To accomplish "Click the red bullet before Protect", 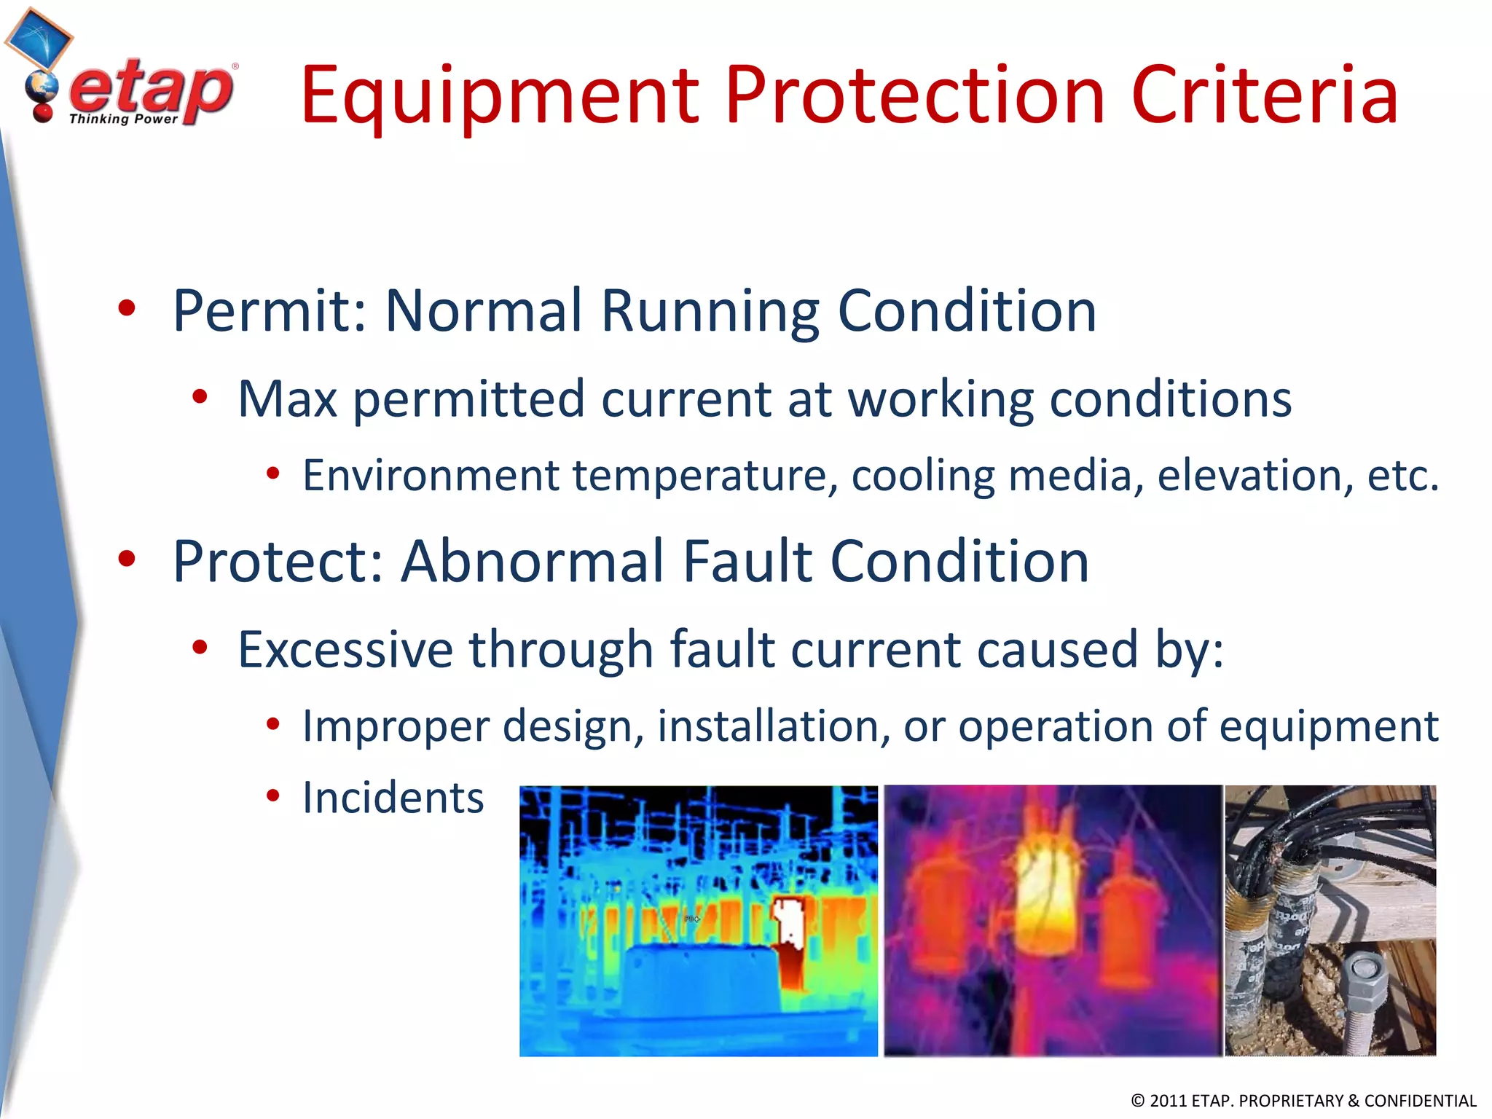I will (x=127, y=559).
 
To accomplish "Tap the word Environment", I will (x=430, y=476).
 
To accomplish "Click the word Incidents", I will (x=393, y=798).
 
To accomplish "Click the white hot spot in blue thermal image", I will (x=788, y=920).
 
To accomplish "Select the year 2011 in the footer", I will (x=1168, y=1101).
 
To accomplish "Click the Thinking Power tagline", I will (x=123, y=119).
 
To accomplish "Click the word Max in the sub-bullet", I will (x=287, y=399).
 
